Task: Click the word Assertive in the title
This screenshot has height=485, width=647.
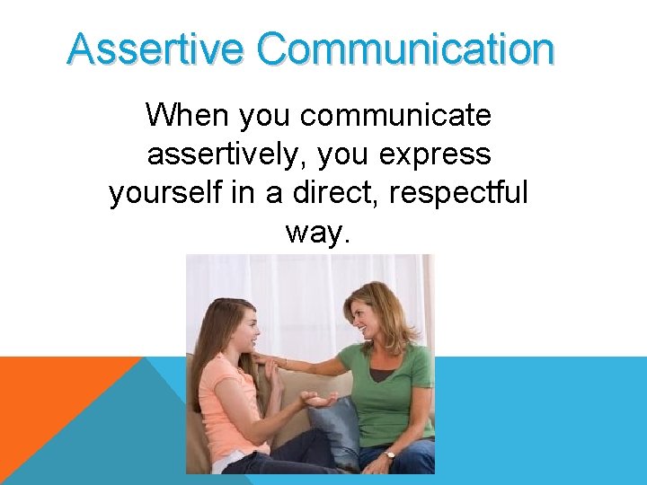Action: [155, 49]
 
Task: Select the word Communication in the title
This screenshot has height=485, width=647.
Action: [405, 49]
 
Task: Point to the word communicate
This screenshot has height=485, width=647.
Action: [395, 115]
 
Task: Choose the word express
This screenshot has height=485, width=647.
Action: [434, 154]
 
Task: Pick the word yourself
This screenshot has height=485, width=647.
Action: [163, 193]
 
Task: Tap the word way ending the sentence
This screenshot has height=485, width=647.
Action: [317, 233]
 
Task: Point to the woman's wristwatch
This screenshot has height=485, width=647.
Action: [390, 454]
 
